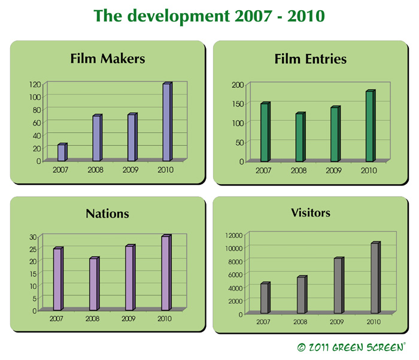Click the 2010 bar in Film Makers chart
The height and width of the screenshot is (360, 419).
click(168, 122)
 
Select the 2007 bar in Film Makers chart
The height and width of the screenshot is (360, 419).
click(62, 152)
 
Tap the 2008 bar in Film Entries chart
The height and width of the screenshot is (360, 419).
click(300, 137)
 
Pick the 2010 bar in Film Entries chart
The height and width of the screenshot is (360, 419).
click(371, 126)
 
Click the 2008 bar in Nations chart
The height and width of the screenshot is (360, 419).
click(95, 283)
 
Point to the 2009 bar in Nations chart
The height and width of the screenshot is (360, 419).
click(130, 277)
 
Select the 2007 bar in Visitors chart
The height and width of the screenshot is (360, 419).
click(265, 297)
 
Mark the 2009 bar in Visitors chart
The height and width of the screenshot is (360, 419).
click(339, 285)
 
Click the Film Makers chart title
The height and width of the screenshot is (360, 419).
click(108, 59)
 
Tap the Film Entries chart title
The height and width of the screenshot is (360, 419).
click(311, 59)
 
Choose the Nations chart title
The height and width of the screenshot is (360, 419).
click(107, 213)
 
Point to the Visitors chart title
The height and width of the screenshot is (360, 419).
click(311, 213)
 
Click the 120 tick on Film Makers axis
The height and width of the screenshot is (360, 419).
click(35, 85)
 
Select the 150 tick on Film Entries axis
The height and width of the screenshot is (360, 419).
click(238, 104)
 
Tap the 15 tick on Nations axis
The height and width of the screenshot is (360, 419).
click(33, 274)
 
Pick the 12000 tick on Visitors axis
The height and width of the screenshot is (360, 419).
click(234, 236)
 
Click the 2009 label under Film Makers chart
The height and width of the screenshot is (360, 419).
click(130, 170)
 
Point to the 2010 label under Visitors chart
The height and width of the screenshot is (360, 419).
click(374, 322)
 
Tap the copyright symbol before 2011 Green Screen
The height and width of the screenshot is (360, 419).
click(301, 347)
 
